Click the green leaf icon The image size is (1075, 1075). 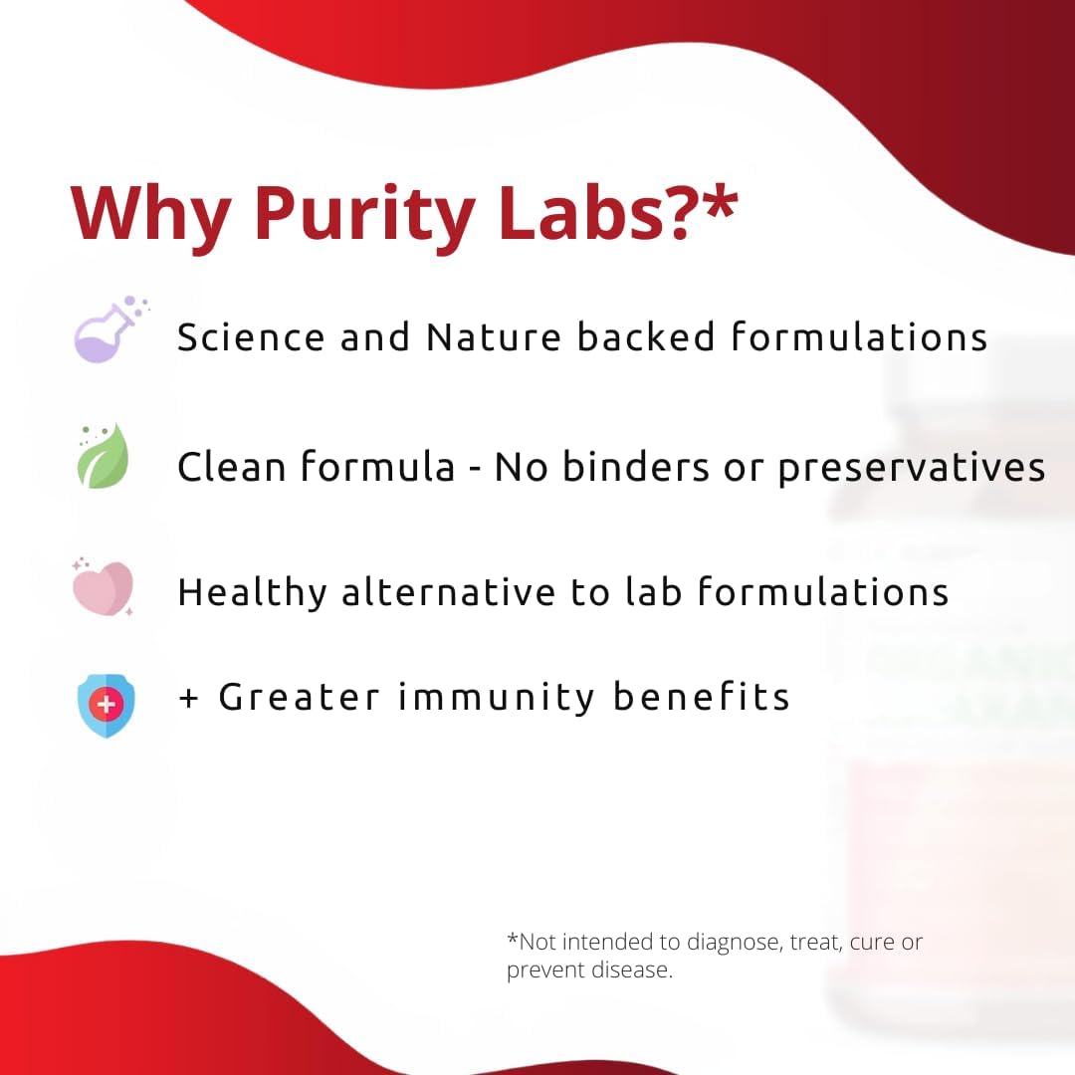104,457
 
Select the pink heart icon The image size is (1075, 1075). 104,587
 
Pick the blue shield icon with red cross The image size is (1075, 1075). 106,706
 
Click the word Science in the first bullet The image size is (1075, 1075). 251,337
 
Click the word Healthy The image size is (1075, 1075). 252,593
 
